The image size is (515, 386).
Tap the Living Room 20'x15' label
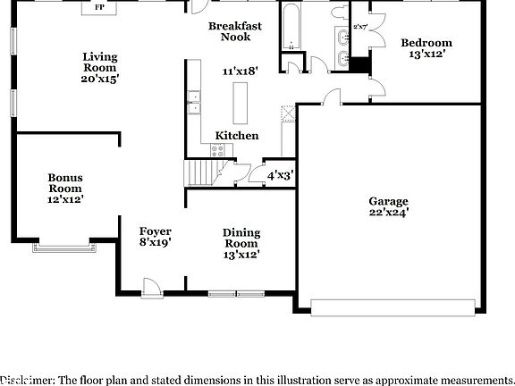(x=100, y=68)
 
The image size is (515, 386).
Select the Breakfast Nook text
(x=235, y=32)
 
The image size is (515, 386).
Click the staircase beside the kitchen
(x=201, y=172)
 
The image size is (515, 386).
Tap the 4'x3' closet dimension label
(x=279, y=176)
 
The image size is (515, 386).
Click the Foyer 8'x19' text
(x=154, y=237)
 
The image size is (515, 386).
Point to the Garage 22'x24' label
(x=388, y=207)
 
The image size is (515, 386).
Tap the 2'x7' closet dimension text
(x=360, y=28)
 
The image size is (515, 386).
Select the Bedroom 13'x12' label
(x=426, y=48)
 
